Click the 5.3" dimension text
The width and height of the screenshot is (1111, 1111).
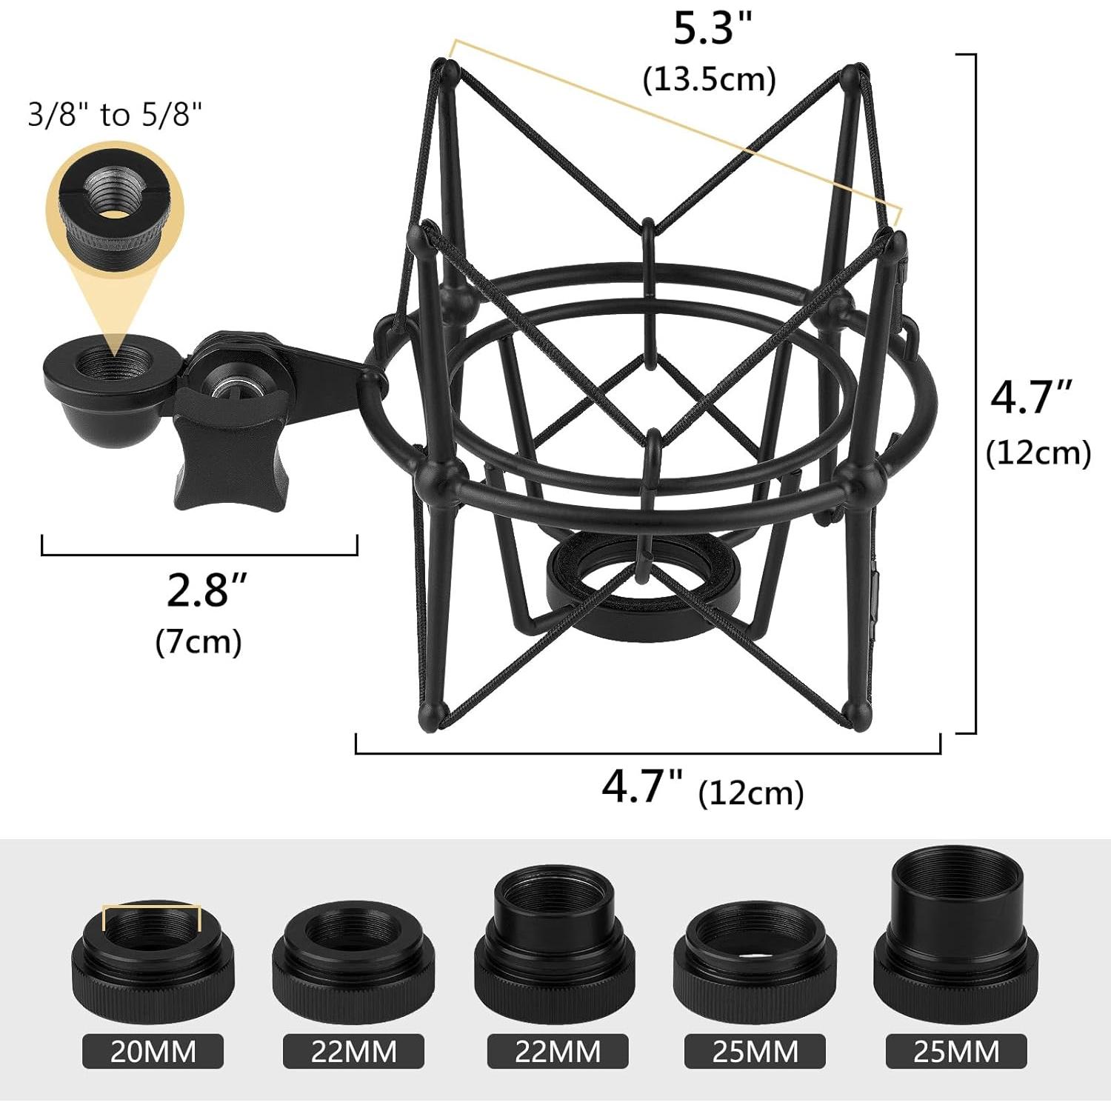(712, 30)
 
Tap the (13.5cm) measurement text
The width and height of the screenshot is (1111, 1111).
(709, 79)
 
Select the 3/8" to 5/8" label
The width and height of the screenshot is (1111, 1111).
(115, 115)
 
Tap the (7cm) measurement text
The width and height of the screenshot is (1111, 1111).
(198, 641)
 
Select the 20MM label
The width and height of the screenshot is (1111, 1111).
(153, 1051)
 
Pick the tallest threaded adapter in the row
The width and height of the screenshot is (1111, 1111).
(956, 938)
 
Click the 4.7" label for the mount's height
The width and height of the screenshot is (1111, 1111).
(1032, 398)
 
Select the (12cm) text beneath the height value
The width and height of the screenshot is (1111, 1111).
(1038, 453)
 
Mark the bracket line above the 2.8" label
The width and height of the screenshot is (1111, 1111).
(199, 553)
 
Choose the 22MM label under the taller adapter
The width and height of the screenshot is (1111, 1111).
(557, 1051)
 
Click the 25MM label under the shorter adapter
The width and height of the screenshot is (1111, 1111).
(755, 1051)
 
